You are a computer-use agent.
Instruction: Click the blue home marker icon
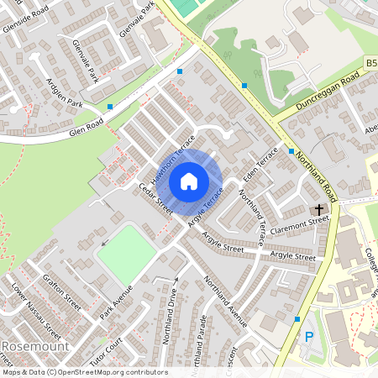click(x=189, y=181)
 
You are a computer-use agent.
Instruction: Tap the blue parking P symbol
click(x=309, y=339)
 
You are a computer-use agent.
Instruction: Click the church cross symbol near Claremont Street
click(x=319, y=208)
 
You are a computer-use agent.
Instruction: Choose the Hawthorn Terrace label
click(x=172, y=159)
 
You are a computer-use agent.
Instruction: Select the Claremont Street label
click(x=299, y=224)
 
